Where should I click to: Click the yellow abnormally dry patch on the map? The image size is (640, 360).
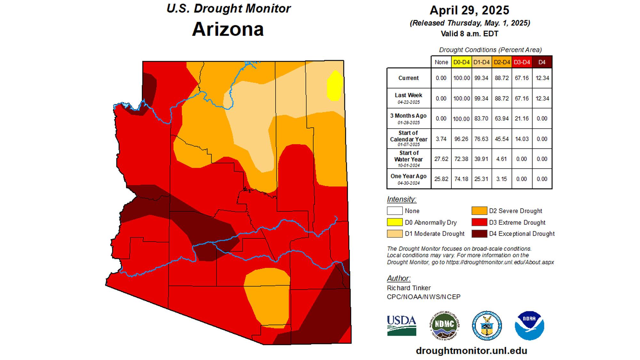[x=335, y=85]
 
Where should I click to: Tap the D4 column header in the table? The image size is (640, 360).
[x=542, y=62]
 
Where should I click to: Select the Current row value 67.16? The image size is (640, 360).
[x=522, y=78]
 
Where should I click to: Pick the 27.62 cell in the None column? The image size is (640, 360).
[x=441, y=159]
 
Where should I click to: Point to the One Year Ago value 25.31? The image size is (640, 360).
[x=481, y=179]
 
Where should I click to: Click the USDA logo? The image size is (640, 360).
[x=402, y=325]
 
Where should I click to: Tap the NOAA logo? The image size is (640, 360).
[x=529, y=325]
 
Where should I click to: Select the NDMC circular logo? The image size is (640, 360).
[x=444, y=325]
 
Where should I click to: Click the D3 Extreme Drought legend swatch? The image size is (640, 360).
[x=479, y=222]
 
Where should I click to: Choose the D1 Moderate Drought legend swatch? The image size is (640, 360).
[x=395, y=234]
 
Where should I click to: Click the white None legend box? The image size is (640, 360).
[x=395, y=211]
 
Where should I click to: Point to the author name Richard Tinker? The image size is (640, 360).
[x=409, y=288]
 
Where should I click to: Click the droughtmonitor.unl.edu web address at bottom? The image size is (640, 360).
[x=471, y=351]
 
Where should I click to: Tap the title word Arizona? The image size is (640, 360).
[x=228, y=29]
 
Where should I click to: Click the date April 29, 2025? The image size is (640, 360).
[x=469, y=10]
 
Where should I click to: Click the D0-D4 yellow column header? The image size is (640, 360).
[x=461, y=62]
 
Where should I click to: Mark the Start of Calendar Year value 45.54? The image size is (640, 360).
[x=501, y=139]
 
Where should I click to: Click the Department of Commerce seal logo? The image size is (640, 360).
[x=487, y=325]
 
